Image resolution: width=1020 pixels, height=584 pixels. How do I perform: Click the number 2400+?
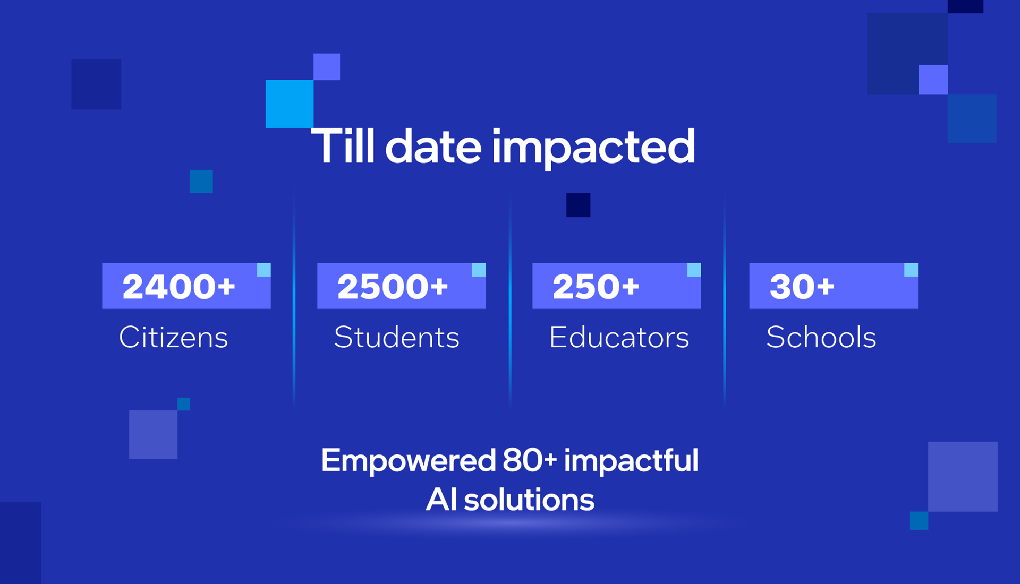click(178, 287)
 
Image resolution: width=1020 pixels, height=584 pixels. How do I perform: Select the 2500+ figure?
click(393, 287)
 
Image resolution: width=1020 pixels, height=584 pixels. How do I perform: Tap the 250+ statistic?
click(596, 287)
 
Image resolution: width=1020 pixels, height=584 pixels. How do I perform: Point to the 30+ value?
click(802, 287)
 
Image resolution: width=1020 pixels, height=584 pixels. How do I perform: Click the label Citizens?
click(174, 337)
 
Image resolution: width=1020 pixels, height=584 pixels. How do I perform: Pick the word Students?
click(397, 337)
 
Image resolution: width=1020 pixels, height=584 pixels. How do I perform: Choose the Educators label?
click(619, 337)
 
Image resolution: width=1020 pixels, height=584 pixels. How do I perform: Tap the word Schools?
click(821, 337)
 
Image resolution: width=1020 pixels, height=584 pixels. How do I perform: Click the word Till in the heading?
click(343, 146)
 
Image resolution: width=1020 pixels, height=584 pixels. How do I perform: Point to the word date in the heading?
click(433, 146)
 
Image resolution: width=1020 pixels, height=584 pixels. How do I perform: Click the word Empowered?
click(409, 461)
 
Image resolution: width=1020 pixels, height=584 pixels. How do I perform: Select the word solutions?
click(529, 500)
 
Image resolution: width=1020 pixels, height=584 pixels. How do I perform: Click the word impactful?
click(631, 461)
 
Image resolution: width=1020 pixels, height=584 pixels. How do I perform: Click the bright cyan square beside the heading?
click(290, 104)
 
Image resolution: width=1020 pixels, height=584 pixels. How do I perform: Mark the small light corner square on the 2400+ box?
click(264, 270)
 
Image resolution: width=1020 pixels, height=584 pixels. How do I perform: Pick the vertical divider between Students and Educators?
click(510, 297)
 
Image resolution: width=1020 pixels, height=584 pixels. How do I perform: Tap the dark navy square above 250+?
click(579, 205)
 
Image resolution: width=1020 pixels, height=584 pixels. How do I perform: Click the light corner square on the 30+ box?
click(911, 270)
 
